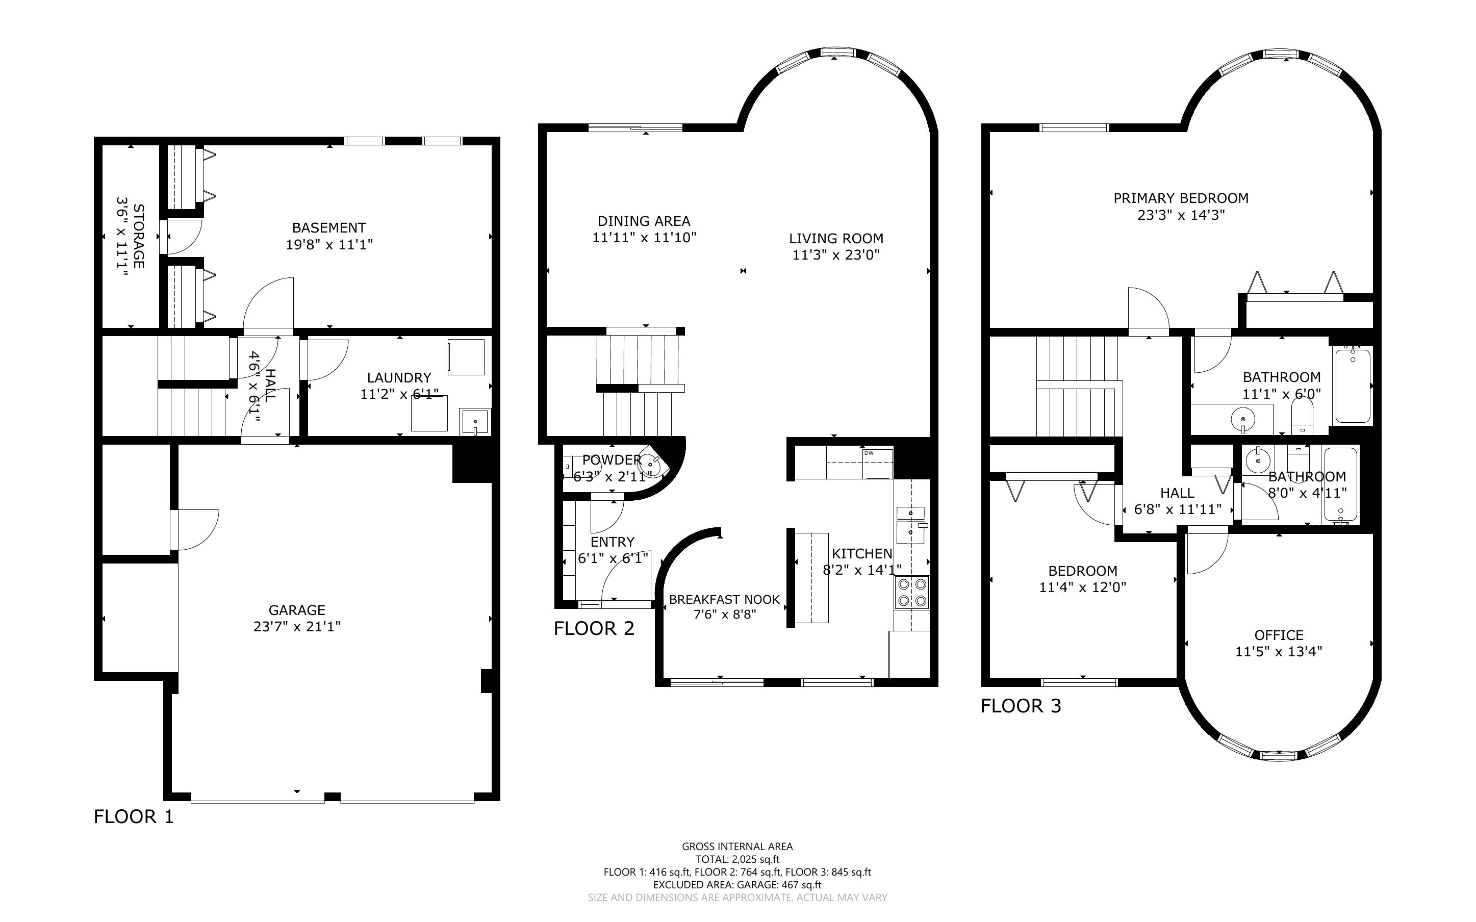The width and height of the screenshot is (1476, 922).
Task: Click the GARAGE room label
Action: (x=297, y=610)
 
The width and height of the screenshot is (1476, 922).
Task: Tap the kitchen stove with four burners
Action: (x=911, y=593)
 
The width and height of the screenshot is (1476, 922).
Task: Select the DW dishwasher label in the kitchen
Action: (x=869, y=453)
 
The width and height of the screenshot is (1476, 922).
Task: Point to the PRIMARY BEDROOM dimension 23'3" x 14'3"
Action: (x=1181, y=215)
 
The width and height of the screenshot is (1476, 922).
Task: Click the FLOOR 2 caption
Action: (x=594, y=628)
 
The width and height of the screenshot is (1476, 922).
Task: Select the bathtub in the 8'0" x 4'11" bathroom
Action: (x=1340, y=485)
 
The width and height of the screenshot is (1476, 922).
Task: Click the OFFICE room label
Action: (x=1279, y=635)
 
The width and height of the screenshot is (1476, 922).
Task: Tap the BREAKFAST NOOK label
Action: (x=724, y=599)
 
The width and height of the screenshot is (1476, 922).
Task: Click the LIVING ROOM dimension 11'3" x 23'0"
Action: (x=836, y=255)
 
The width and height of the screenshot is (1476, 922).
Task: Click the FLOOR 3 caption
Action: (x=1021, y=706)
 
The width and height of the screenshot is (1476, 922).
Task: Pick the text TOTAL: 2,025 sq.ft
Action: (x=737, y=859)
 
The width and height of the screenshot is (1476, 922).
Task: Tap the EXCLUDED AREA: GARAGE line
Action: (x=737, y=885)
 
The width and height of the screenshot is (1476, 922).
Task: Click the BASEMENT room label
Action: (x=329, y=227)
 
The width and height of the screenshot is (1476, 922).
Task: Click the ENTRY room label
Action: (x=613, y=542)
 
